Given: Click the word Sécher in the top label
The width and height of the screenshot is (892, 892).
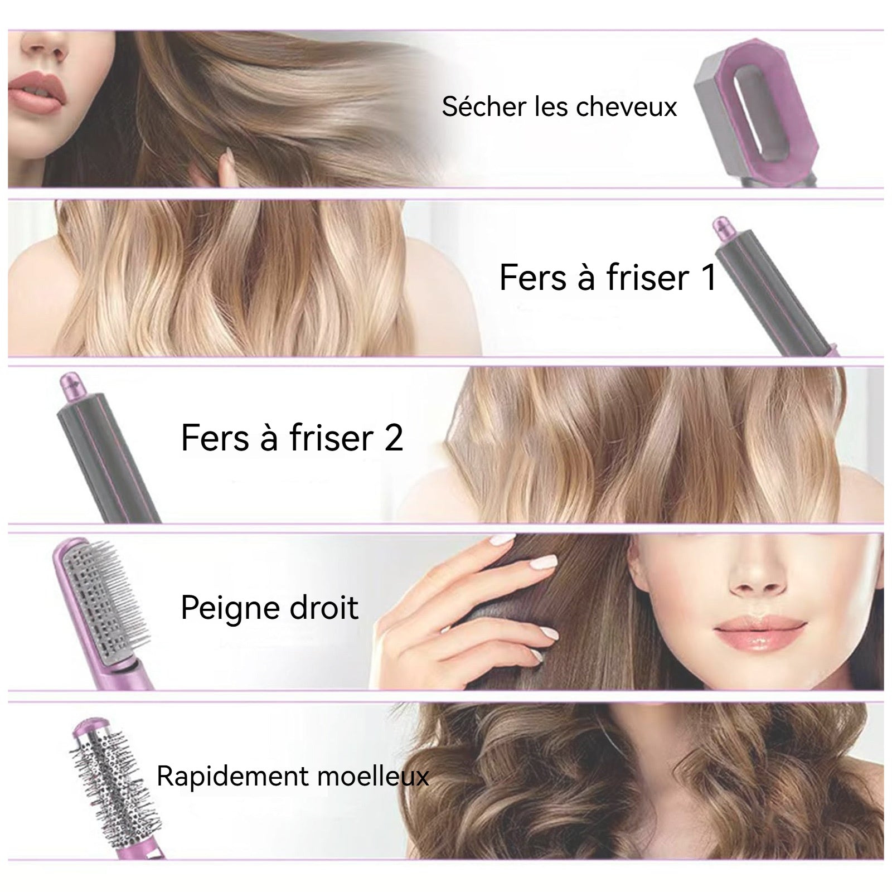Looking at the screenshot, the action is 484,106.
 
